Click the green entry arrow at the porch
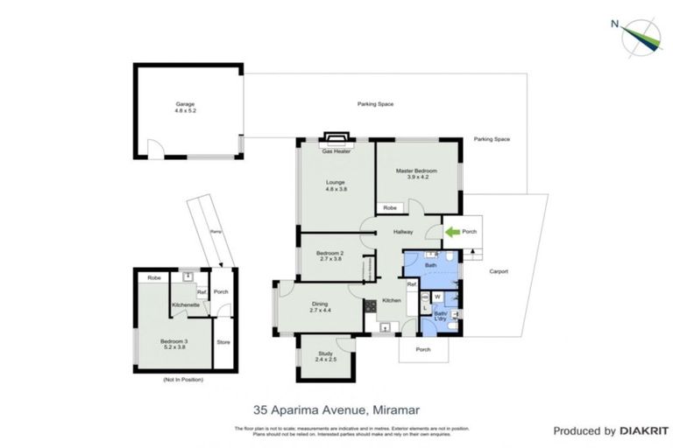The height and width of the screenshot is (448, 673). coord(453,232)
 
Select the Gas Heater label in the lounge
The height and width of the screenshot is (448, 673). coord(336,151)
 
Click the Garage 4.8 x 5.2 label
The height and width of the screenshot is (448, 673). coord(185,108)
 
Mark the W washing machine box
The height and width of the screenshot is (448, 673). coord(437,297)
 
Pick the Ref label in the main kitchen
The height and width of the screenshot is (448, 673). coord(410,285)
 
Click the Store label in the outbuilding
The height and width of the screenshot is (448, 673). coord(223,341)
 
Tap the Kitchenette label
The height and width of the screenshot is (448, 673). coord(186,304)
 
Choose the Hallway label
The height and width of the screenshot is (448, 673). coord(403,232)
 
